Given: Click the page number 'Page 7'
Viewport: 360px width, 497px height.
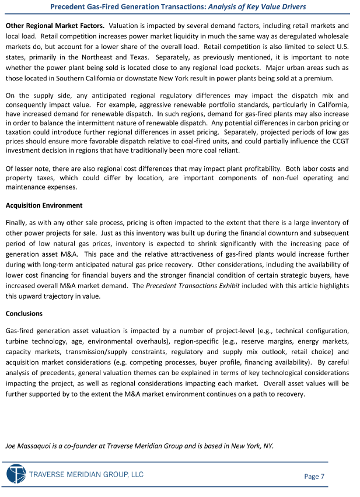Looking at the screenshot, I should pos(314,477).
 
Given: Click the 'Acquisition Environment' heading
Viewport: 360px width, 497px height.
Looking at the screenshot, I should pos(44,205).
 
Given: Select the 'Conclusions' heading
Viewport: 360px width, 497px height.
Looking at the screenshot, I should pos(24,314).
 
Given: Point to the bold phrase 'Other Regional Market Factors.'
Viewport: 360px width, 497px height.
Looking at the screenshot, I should pos(55,26).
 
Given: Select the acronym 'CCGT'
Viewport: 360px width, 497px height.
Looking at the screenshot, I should pos(340,141).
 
